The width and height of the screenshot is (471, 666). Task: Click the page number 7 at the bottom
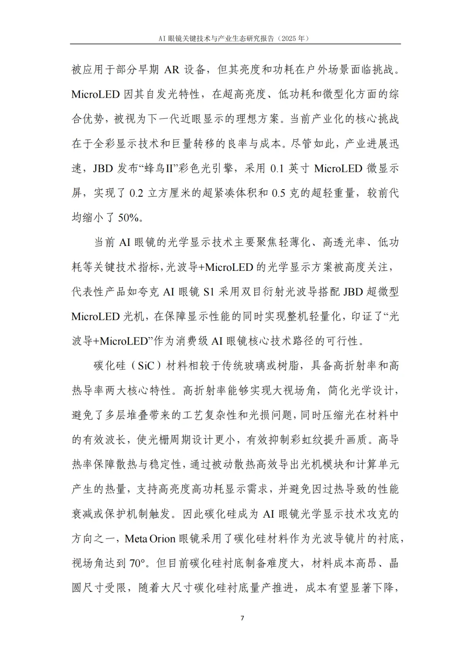[x=242, y=618]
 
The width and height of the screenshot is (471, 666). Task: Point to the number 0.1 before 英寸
[x=277, y=168]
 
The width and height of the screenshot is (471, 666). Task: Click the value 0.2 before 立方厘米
[x=136, y=193]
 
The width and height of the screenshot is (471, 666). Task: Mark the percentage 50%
[x=129, y=218]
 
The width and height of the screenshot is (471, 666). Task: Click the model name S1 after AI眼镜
[x=209, y=292]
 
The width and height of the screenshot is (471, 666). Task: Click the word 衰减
[x=82, y=514]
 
